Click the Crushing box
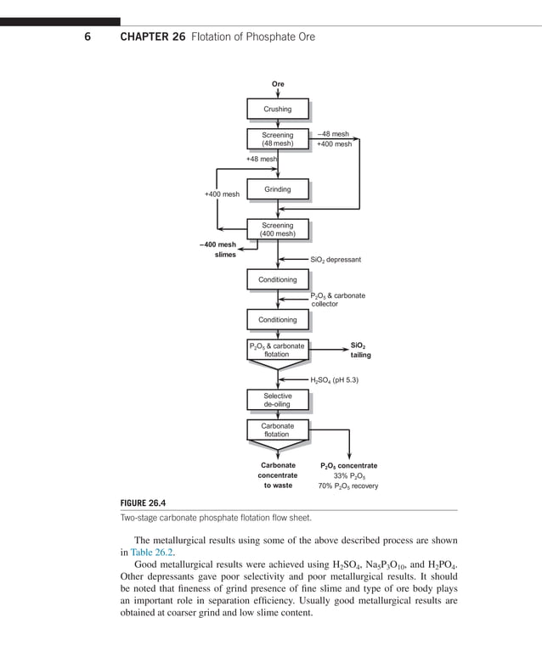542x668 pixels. pyautogui.click(x=277, y=109)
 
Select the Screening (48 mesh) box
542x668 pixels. pyautogui.click(x=277, y=139)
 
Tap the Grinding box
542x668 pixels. pyautogui.click(x=277, y=189)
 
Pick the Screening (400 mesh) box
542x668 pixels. pyautogui.click(x=277, y=229)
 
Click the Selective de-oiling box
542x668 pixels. pyautogui.click(x=277, y=400)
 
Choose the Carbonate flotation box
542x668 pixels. pyautogui.click(x=277, y=429)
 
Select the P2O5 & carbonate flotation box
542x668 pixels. pyautogui.click(x=277, y=350)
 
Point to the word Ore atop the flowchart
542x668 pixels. pyautogui.click(x=278, y=84)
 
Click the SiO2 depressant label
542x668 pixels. pyautogui.click(x=336, y=260)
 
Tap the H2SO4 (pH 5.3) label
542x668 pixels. pyautogui.click(x=334, y=380)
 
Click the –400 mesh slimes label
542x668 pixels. pyautogui.click(x=218, y=250)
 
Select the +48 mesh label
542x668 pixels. pyautogui.click(x=262, y=159)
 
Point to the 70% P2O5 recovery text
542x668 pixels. pyautogui.click(x=348, y=486)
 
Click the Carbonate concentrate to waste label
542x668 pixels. pyautogui.click(x=278, y=475)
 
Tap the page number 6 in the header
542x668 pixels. pyautogui.click(x=88, y=36)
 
